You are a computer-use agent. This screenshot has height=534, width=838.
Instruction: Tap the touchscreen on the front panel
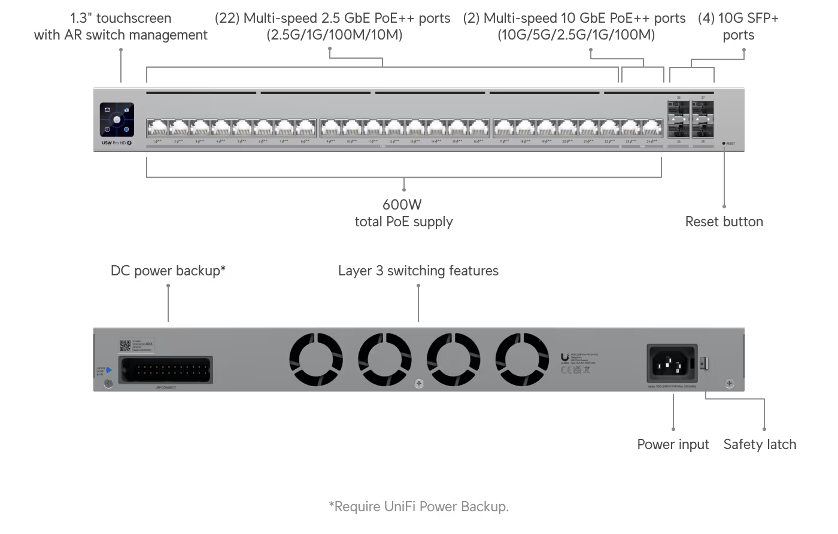[117, 120]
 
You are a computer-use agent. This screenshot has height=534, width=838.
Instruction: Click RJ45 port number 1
[157, 128]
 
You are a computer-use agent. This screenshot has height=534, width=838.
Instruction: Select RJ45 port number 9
[331, 128]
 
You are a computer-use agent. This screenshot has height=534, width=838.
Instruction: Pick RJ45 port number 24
[651, 128]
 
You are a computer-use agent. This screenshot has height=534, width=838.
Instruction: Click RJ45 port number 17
[505, 128]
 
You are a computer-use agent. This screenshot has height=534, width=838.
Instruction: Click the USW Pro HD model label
[116, 142]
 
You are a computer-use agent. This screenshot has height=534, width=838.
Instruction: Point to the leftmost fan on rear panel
[315, 359]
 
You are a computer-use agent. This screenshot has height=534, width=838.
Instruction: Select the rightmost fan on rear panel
[522, 359]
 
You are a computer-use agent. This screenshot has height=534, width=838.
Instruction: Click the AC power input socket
[672, 363]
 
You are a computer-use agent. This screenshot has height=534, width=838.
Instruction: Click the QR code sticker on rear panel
[125, 345]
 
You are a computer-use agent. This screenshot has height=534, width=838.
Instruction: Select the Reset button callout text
[724, 222]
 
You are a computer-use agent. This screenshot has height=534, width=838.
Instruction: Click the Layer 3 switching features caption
[418, 271]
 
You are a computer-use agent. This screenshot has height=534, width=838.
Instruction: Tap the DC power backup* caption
[168, 271]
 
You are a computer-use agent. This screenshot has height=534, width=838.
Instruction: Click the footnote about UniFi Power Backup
[418, 506]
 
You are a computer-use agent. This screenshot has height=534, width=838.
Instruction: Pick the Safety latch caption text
[760, 444]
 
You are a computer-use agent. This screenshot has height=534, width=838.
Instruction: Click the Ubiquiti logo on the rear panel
[564, 357]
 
